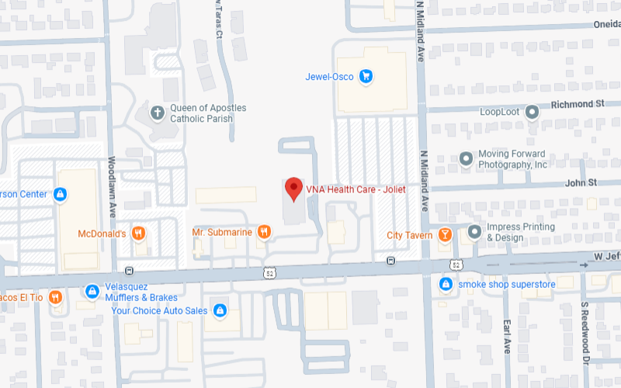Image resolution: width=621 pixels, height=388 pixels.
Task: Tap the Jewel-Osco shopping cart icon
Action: (x=367, y=76)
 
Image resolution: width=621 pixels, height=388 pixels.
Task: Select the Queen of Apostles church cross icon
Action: (x=158, y=113)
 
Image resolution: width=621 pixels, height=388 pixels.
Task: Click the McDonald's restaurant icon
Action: (x=139, y=233)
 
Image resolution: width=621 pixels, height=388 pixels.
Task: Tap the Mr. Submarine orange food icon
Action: (x=264, y=231)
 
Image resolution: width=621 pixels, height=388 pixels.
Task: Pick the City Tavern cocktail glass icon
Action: (x=445, y=234)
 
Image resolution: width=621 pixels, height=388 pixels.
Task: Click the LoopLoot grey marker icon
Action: (x=532, y=113)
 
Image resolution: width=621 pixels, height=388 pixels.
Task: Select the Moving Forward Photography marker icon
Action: (x=466, y=159)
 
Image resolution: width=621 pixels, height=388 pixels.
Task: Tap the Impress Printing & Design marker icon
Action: (x=474, y=232)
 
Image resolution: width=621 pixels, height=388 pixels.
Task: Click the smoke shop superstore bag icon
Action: (x=446, y=284)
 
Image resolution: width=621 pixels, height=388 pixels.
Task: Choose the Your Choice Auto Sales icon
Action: (x=220, y=310)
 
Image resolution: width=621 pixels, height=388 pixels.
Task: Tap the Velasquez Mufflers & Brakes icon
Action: (x=92, y=291)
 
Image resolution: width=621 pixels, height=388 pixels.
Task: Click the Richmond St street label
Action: (x=578, y=102)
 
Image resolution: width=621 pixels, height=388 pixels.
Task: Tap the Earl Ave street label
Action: (x=505, y=334)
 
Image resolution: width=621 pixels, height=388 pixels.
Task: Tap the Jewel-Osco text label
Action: (x=331, y=76)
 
